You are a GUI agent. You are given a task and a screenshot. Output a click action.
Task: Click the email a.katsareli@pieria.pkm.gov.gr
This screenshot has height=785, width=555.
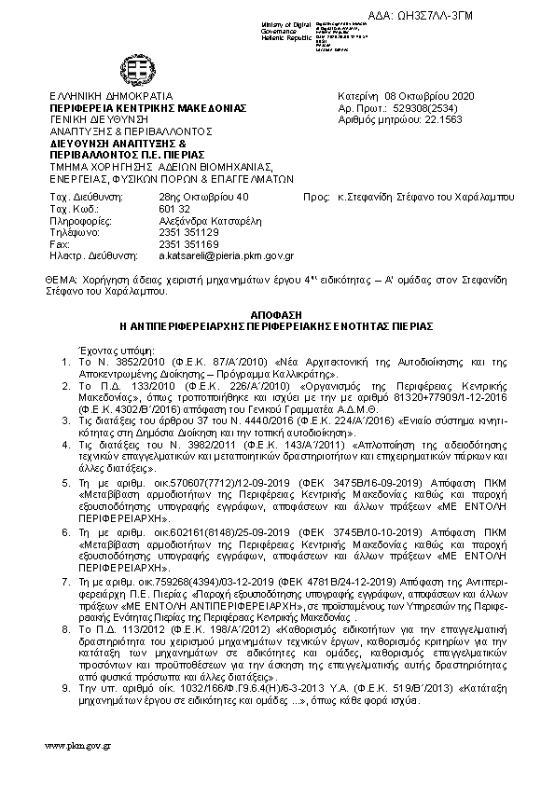pos(226,255)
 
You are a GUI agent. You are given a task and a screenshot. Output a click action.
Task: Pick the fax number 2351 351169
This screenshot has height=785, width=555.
pos(188,243)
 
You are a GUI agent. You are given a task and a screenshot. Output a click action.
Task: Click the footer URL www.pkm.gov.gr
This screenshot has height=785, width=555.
pos(79,746)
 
